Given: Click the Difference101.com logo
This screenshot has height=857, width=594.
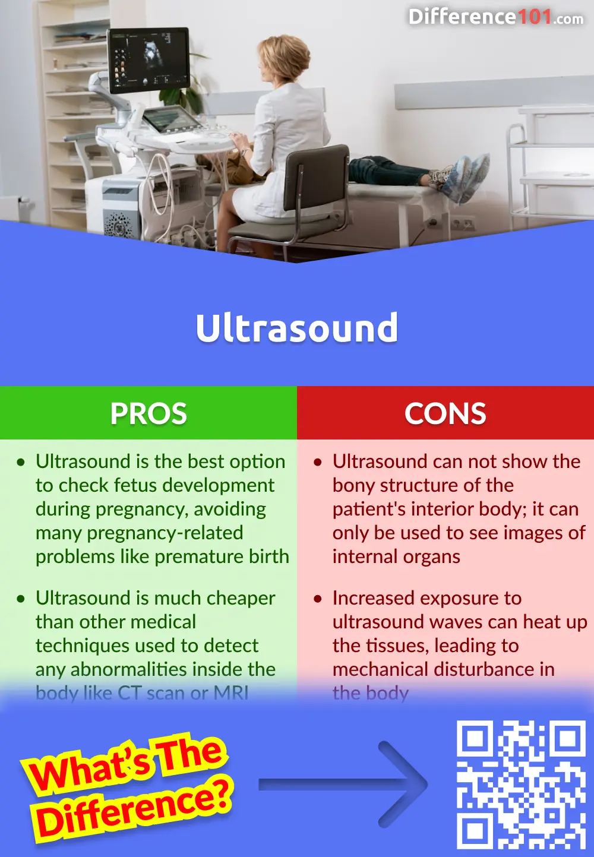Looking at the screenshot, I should point(495,17).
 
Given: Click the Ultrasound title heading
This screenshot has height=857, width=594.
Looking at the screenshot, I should point(297,328).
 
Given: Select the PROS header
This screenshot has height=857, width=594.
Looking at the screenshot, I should point(148,413).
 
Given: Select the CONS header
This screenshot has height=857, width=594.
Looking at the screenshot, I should point(445,413).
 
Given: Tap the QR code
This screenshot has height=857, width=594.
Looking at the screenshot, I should point(521,784).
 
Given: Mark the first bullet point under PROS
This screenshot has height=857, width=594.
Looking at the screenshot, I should point(21,462).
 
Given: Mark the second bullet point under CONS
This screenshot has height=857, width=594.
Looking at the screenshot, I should point(318,599).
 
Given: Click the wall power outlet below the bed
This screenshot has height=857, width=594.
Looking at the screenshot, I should point(463,224).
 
